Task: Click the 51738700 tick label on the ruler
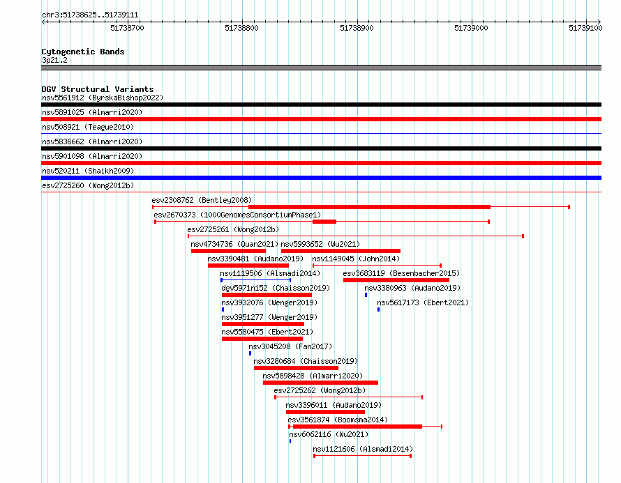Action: (x=127, y=28)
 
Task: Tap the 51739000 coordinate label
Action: (x=471, y=28)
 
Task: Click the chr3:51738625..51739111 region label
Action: (x=90, y=15)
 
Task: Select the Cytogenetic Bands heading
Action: (x=83, y=52)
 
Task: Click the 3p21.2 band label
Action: (x=54, y=60)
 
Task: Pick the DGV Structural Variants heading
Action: (x=98, y=89)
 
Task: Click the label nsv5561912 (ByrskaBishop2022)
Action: (x=103, y=98)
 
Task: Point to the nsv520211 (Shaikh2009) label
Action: (x=88, y=171)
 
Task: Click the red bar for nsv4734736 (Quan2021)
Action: (x=228, y=251)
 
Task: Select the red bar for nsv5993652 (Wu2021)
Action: (x=341, y=251)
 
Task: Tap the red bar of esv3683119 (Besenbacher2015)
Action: (x=396, y=280)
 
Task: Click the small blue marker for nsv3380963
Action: (x=366, y=295)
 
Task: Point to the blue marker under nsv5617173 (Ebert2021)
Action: (x=379, y=309)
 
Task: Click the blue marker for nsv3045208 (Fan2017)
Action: (x=250, y=353)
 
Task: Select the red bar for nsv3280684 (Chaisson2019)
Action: (x=296, y=368)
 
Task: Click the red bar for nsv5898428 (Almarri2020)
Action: (x=320, y=383)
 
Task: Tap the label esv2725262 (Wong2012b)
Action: (x=320, y=390)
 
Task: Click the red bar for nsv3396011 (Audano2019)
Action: (x=325, y=412)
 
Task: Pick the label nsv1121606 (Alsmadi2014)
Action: (x=363, y=449)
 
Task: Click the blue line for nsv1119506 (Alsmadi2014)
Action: (x=256, y=280)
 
